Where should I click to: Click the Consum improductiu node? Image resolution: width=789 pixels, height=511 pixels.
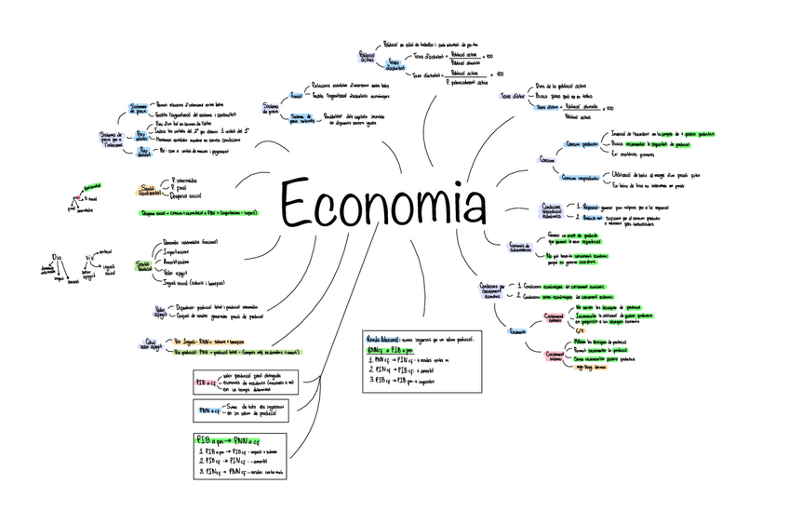pos(581,177)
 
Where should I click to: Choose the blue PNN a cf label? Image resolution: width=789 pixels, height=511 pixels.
pos(207,410)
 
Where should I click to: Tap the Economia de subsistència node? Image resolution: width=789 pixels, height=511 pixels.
pos(520,247)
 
